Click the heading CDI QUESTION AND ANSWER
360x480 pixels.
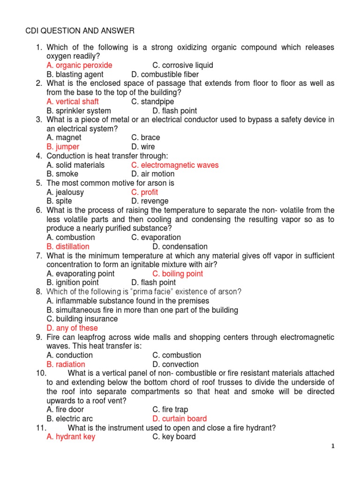point(80,31)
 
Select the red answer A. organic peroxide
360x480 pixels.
point(79,65)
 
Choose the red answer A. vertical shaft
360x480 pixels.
point(73,102)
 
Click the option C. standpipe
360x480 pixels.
point(152,102)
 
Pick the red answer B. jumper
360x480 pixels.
point(63,147)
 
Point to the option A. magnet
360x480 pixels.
point(64,138)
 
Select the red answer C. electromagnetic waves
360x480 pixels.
point(175,165)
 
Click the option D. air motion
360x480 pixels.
point(153,174)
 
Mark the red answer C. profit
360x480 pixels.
point(144,192)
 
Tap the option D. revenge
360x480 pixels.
point(150,201)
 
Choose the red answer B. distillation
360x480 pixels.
point(68,247)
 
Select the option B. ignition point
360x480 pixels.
point(73,283)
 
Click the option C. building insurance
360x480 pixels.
point(82,319)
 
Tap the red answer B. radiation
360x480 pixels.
point(66,364)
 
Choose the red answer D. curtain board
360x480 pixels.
point(180,419)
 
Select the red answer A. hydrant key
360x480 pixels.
point(71,437)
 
